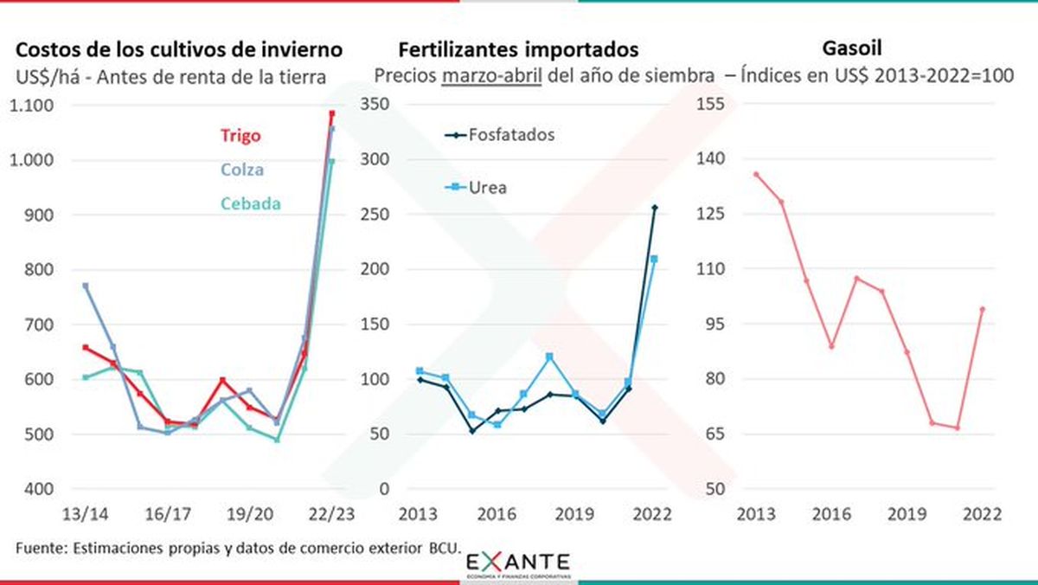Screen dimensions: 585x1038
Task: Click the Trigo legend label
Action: (240, 136)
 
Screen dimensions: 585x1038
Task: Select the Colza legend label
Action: (241, 170)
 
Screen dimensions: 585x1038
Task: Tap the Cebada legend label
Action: (250, 203)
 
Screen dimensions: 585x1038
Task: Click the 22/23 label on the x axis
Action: (330, 514)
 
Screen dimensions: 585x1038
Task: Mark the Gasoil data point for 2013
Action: (756, 174)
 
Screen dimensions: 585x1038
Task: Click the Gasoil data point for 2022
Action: (982, 309)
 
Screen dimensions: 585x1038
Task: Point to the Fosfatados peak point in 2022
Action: (654, 208)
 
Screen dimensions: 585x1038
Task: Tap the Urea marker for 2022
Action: (654, 259)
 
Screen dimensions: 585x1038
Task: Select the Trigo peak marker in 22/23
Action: (331, 113)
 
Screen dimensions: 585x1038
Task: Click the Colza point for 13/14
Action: (85, 286)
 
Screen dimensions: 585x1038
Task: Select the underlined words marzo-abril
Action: (493, 75)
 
